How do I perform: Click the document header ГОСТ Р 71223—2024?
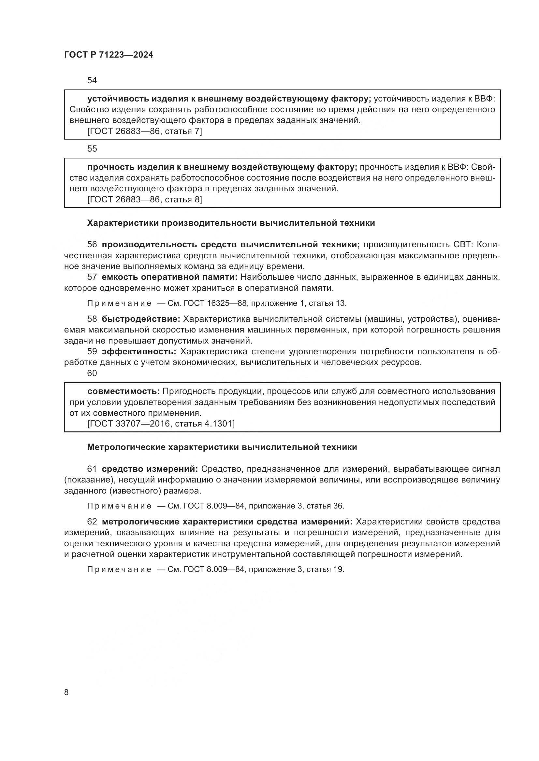coord(109,55)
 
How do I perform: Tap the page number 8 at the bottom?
coord(66,692)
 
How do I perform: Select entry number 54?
coord(92,81)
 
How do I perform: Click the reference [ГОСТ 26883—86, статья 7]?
coord(144,131)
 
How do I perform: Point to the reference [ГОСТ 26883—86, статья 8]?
coord(144,199)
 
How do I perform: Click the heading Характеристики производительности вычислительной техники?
coord(231,223)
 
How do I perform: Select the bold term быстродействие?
coord(141,319)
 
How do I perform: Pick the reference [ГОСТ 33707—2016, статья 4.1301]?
coord(161,424)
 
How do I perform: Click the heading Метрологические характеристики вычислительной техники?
coord(222,447)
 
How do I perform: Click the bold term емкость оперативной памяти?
coord(169,277)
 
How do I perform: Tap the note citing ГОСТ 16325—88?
coord(217,303)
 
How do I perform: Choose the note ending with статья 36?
coord(216,506)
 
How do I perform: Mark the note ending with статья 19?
coord(216,569)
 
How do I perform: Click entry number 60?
coord(92,373)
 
